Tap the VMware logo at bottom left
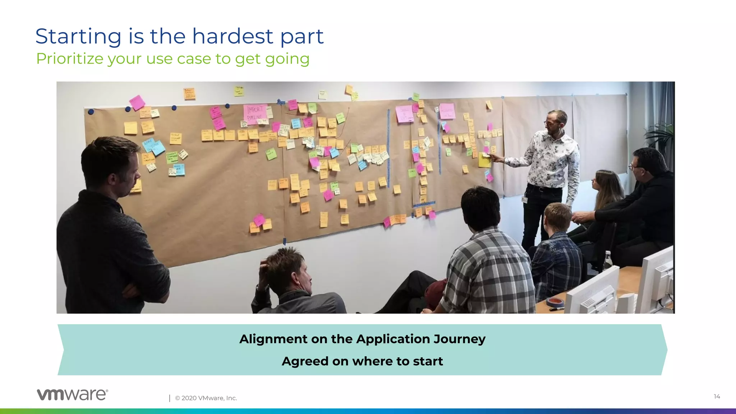pyautogui.click(x=72, y=395)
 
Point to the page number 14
pyautogui.click(x=717, y=396)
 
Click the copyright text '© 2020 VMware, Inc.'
pyautogui.click(x=206, y=398)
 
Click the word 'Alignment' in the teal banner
pyautogui.click(x=273, y=339)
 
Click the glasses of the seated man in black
pyautogui.click(x=634, y=167)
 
